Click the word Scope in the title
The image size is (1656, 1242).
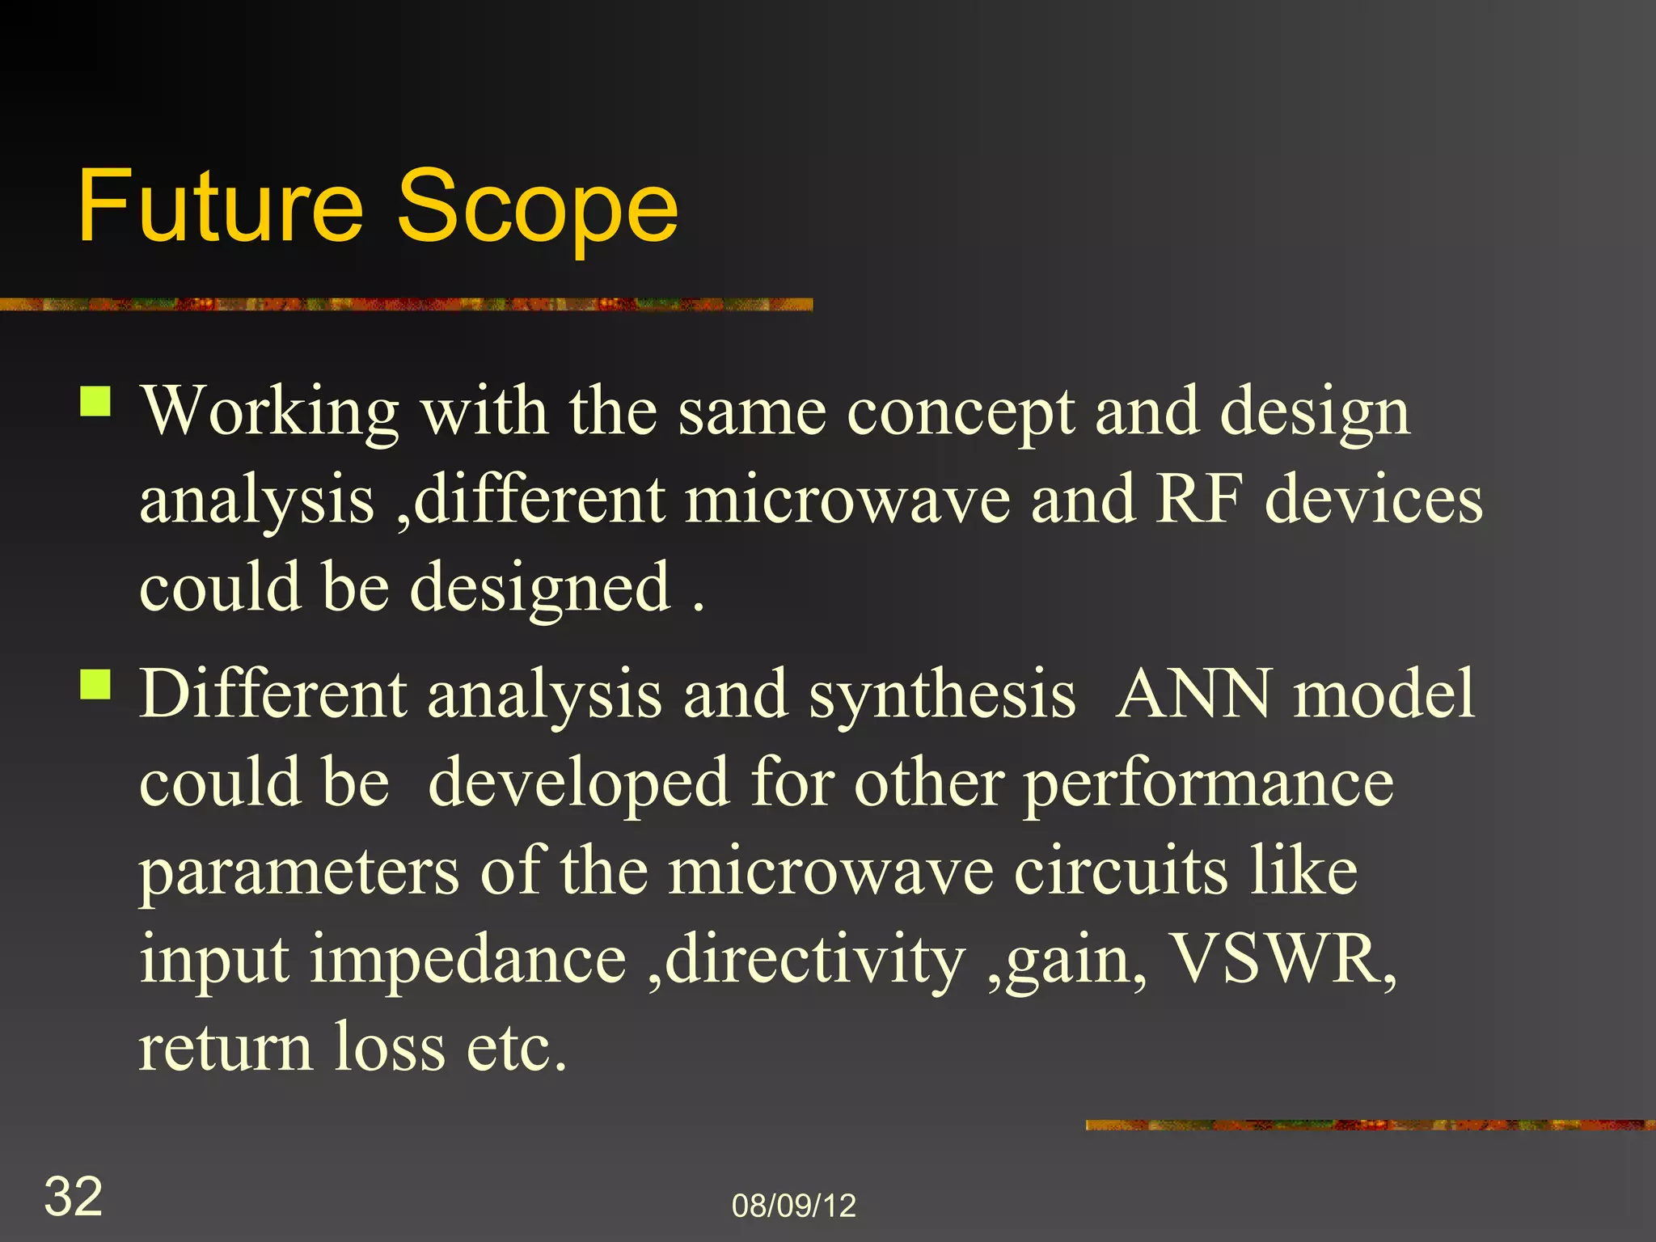point(537,206)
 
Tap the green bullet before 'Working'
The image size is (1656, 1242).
point(95,400)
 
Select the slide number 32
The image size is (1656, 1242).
point(73,1196)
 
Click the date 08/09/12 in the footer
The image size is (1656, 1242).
point(793,1206)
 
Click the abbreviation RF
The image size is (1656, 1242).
point(1198,500)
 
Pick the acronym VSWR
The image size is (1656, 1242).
point(1283,959)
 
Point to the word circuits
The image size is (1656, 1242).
point(1121,872)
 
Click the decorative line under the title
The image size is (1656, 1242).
point(404,304)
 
